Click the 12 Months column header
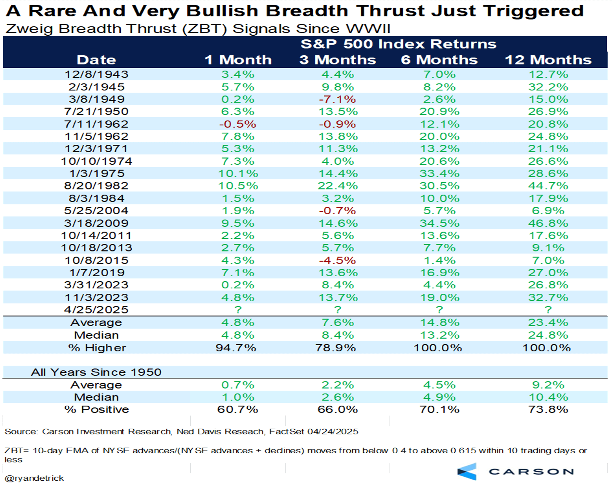point(548,60)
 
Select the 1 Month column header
point(238,60)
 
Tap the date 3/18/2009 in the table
point(96,223)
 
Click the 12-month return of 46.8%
point(548,223)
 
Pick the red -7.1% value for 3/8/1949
point(337,99)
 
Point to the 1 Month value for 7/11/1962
point(238,124)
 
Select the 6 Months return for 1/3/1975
point(439,174)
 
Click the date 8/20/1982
point(96,186)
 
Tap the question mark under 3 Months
point(338,310)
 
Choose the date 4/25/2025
point(96,310)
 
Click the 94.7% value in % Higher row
point(236,348)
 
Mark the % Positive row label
point(96,409)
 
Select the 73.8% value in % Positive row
point(548,409)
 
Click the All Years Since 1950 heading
point(96,372)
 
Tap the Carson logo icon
point(467,472)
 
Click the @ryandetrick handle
point(34,478)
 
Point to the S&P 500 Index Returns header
point(398,44)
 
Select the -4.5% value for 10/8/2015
point(337,260)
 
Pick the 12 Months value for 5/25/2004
point(548,211)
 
